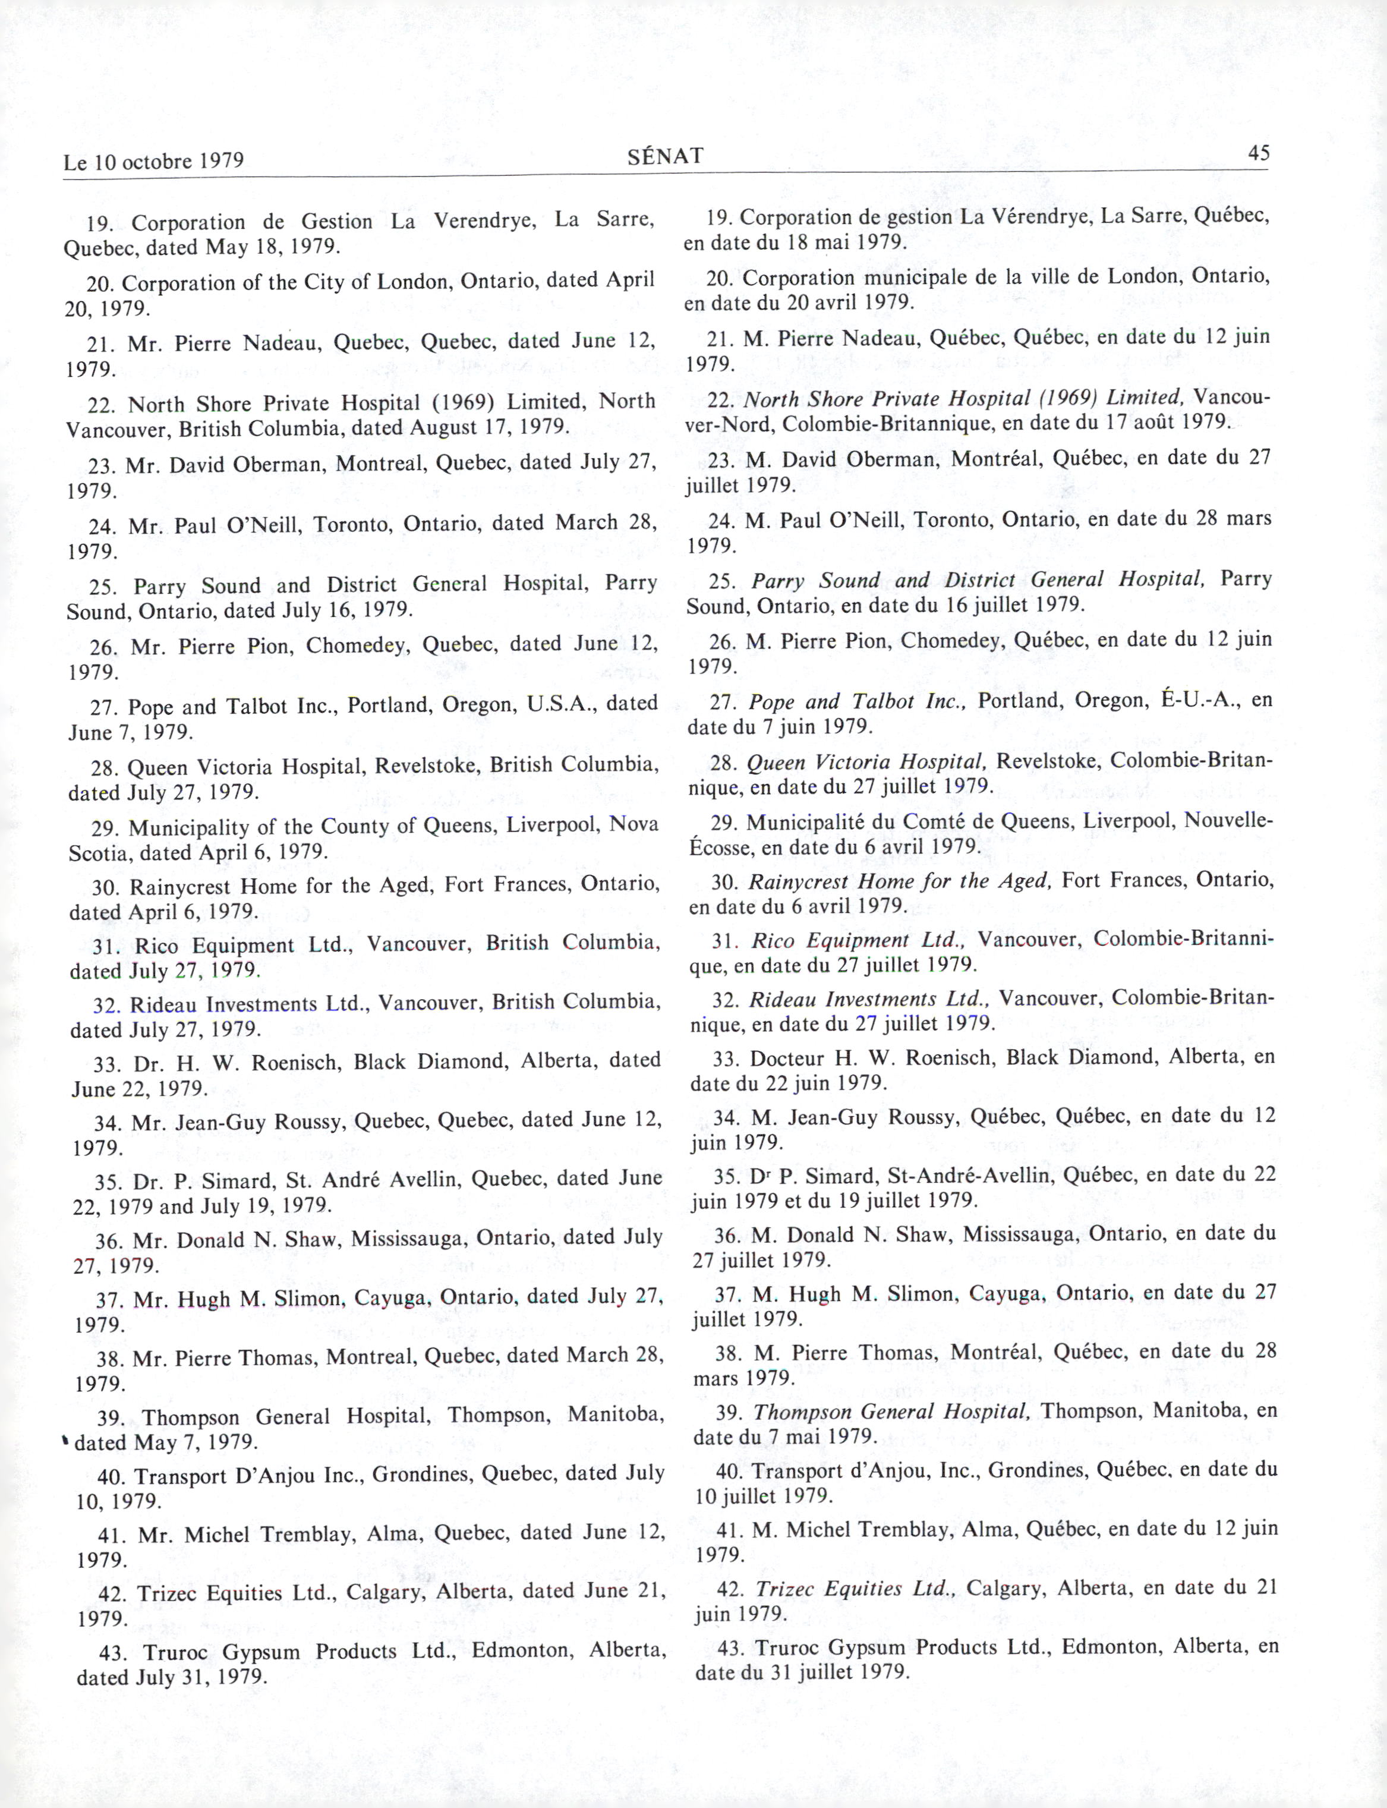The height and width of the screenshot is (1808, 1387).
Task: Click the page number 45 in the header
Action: pyautogui.click(x=1258, y=153)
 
